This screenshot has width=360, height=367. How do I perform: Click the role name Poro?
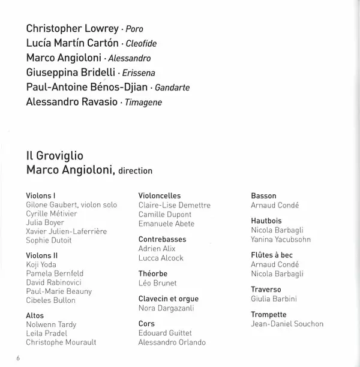click(134, 29)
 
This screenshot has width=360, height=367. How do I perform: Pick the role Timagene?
click(143, 103)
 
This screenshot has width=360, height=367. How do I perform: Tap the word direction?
click(136, 171)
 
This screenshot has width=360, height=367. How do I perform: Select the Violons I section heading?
click(41, 195)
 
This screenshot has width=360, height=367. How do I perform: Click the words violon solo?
click(98, 205)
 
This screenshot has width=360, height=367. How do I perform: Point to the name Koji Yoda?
click(41, 264)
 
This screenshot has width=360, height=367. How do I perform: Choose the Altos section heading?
click(35, 315)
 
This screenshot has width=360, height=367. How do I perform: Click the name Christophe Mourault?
click(61, 342)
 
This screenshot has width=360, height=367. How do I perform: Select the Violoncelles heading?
click(160, 195)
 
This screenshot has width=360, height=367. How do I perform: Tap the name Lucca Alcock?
click(161, 258)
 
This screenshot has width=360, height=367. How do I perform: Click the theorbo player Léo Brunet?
click(158, 283)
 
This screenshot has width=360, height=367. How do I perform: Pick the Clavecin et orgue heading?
click(167, 299)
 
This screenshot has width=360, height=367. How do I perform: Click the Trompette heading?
click(269, 315)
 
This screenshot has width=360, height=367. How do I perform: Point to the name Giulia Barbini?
click(274, 299)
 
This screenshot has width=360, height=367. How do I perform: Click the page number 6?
click(19, 358)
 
